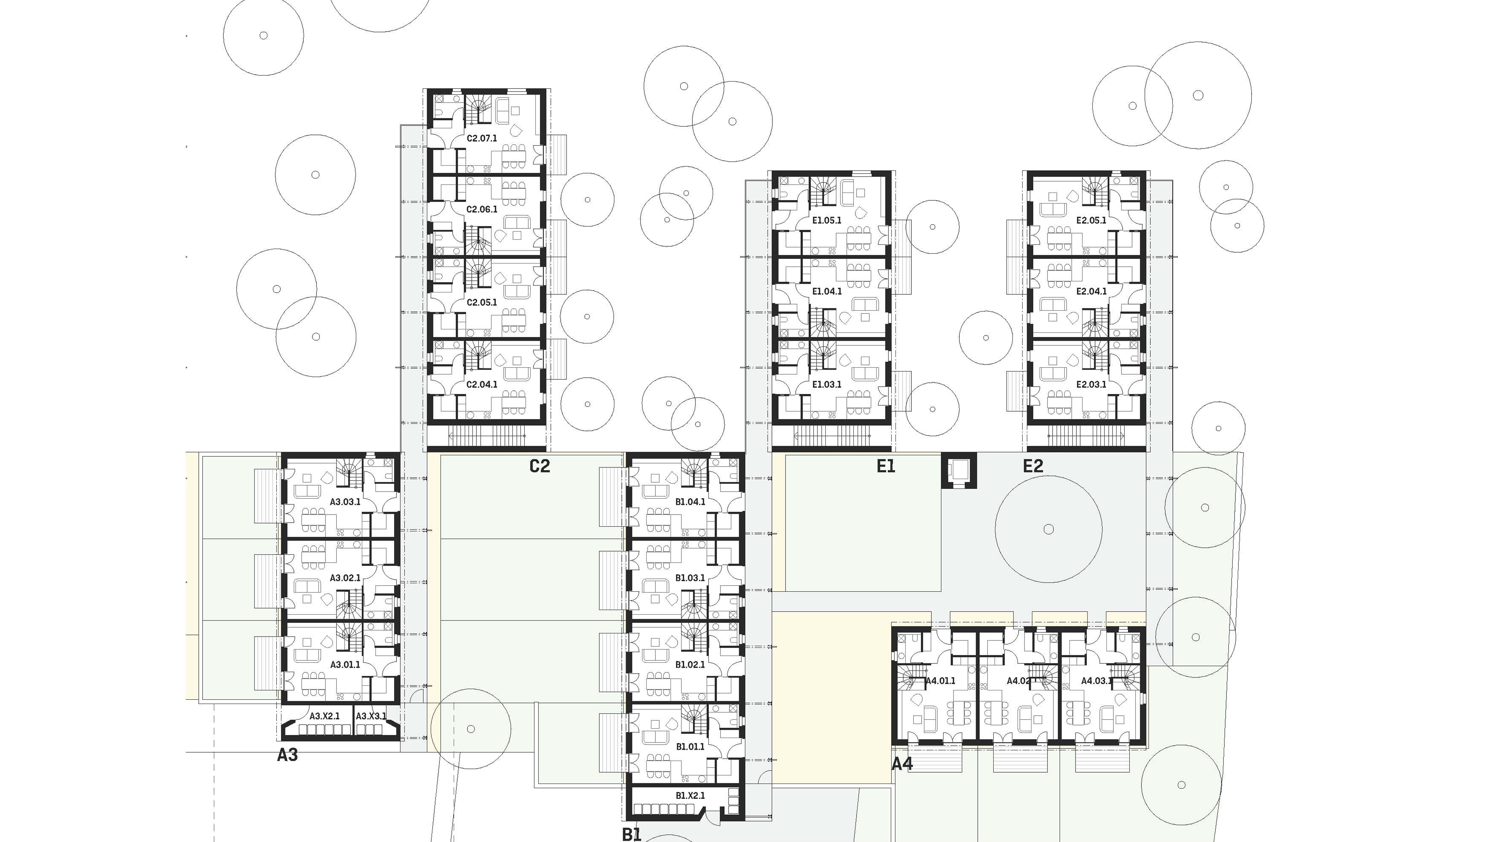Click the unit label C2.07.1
pyautogui.click(x=482, y=138)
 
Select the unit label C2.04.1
pyautogui.click(x=482, y=384)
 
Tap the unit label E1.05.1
pyautogui.click(x=826, y=220)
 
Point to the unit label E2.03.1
pyautogui.click(x=1091, y=384)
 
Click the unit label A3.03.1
pyautogui.click(x=345, y=501)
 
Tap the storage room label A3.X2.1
pyautogui.click(x=324, y=716)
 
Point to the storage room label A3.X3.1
pyautogui.click(x=371, y=716)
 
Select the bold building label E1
pyautogui.click(x=886, y=466)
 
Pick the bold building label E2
pyautogui.click(x=1033, y=466)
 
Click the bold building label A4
pyautogui.click(x=902, y=764)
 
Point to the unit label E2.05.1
pyautogui.click(x=1091, y=220)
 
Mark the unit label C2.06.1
pyautogui.click(x=482, y=209)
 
